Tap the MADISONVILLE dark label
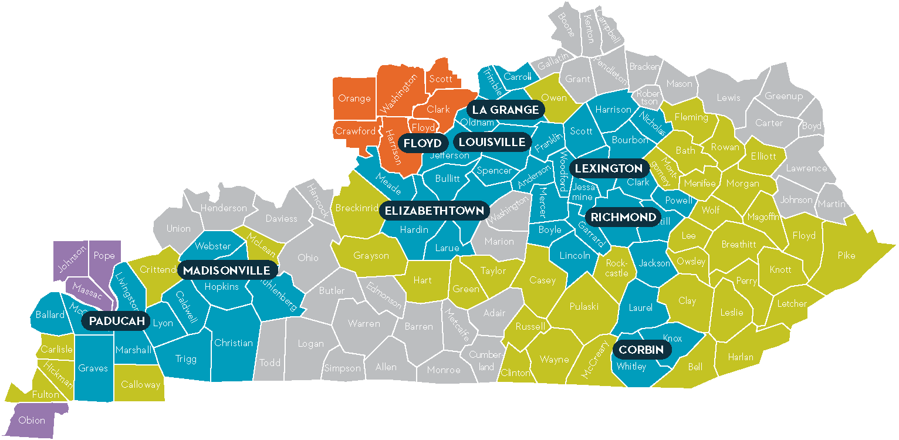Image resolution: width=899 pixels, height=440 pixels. pyautogui.click(x=227, y=270)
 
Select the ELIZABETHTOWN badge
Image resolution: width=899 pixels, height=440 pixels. pyautogui.click(x=435, y=211)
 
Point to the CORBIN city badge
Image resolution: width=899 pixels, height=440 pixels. pyautogui.click(x=641, y=350)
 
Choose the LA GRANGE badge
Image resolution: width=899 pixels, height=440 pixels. pyautogui.click(x=505, y=110)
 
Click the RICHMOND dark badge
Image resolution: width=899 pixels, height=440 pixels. pyautogui.click(x=623, y=217)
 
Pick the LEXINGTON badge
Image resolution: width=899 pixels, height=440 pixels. pyautogui.click(x=609, y=168)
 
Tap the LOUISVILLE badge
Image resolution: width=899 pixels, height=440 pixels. pyautogui.click(x=492, y=142)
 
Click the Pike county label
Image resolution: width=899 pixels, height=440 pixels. pyautogui.click(x=846, y=256)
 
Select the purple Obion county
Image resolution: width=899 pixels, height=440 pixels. pyautogui.click(x=32, y=420)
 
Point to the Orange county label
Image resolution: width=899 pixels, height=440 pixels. pyautogui.click(x=354, y=98)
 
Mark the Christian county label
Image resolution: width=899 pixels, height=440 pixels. pyautogui.click(x=234, y=343)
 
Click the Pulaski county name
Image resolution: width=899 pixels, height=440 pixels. pyautogui.click(x=584, y=306)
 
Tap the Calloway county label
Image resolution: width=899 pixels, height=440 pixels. pyautogui.click(x=141, y=385)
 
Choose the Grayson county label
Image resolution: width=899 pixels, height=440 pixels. pyautogui.click(x=371, y=256)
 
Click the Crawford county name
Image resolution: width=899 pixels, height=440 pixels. pyautogui.click(x=355, y=131)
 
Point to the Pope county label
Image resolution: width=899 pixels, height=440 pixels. pyautogui.click(x=104, y=256)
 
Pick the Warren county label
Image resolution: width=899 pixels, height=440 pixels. pyautogui.click(x=364, y=323)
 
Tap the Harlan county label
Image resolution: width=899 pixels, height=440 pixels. pyautogui.click(x=741, y=357)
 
